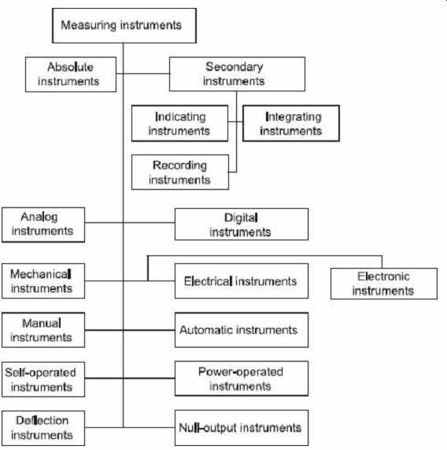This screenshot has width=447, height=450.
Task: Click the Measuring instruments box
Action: [x=124, y=25]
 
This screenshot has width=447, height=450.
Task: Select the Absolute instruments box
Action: [x=71, y=74]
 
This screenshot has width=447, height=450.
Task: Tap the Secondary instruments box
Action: [x=237, y=74]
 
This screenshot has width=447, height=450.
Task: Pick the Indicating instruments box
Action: [x=180, y=124]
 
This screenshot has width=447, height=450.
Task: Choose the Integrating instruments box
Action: [x=291, y=124]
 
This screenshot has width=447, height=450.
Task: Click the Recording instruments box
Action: [x=180, y=172]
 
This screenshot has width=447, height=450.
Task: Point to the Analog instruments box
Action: [x=43, y=225]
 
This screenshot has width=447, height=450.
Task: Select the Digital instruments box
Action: [x=242, y=224]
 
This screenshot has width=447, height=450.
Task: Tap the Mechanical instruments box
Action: [x=43, y=281]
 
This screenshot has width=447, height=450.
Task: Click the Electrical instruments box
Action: [x=242, y=281]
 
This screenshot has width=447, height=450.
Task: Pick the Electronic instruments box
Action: [x=384, y=284]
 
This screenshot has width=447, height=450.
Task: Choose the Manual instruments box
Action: [x=43, y=330]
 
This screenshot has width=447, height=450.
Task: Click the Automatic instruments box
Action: [x=242, y=330]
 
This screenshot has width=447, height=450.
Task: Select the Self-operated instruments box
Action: [x=43, y=379]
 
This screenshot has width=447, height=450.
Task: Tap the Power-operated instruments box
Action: [x=242, y=379]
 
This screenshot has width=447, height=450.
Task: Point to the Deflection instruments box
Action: [x=43, y=428]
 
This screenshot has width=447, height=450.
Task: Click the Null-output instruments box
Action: [x=242, y=428]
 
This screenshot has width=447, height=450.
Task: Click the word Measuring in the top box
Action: [x=89, y=25]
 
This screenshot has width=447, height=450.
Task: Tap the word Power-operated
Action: [x=241, y=372]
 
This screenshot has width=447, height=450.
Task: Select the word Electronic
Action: [x=383, y=277]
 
